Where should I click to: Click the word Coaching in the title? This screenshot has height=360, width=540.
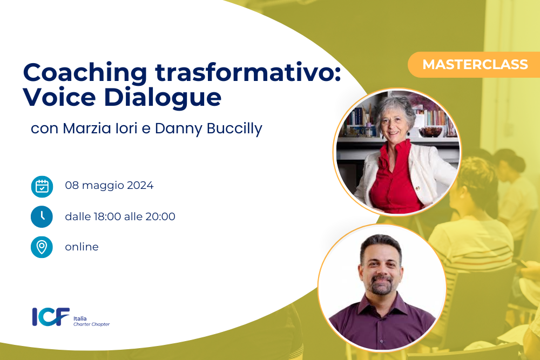point(85,73)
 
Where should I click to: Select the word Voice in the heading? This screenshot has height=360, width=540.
point(59,97)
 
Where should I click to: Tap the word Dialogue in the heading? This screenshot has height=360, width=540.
point(163,98)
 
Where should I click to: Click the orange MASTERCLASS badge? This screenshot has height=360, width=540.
point(474,64)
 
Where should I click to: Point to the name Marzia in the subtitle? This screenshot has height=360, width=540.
point(87,128)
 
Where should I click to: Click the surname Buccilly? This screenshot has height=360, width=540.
point(234,129)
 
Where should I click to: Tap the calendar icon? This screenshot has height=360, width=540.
point(42,187)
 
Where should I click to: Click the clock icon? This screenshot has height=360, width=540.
point(42,216)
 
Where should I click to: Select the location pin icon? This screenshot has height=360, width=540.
point(42,247)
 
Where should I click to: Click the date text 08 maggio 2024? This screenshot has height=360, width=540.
point(109,186)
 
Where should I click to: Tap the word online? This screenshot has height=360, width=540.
point(82,247)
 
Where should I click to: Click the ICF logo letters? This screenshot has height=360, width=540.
point(51,317)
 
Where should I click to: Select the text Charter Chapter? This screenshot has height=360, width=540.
point(91,324)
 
